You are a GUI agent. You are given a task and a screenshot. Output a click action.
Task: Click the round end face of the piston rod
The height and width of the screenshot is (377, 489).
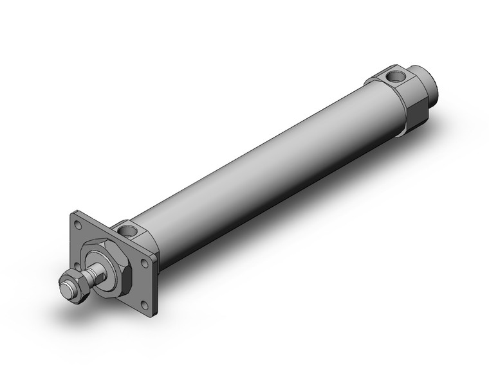[64, 283]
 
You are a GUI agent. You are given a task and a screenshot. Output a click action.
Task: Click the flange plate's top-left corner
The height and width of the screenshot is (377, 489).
[73, 213]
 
